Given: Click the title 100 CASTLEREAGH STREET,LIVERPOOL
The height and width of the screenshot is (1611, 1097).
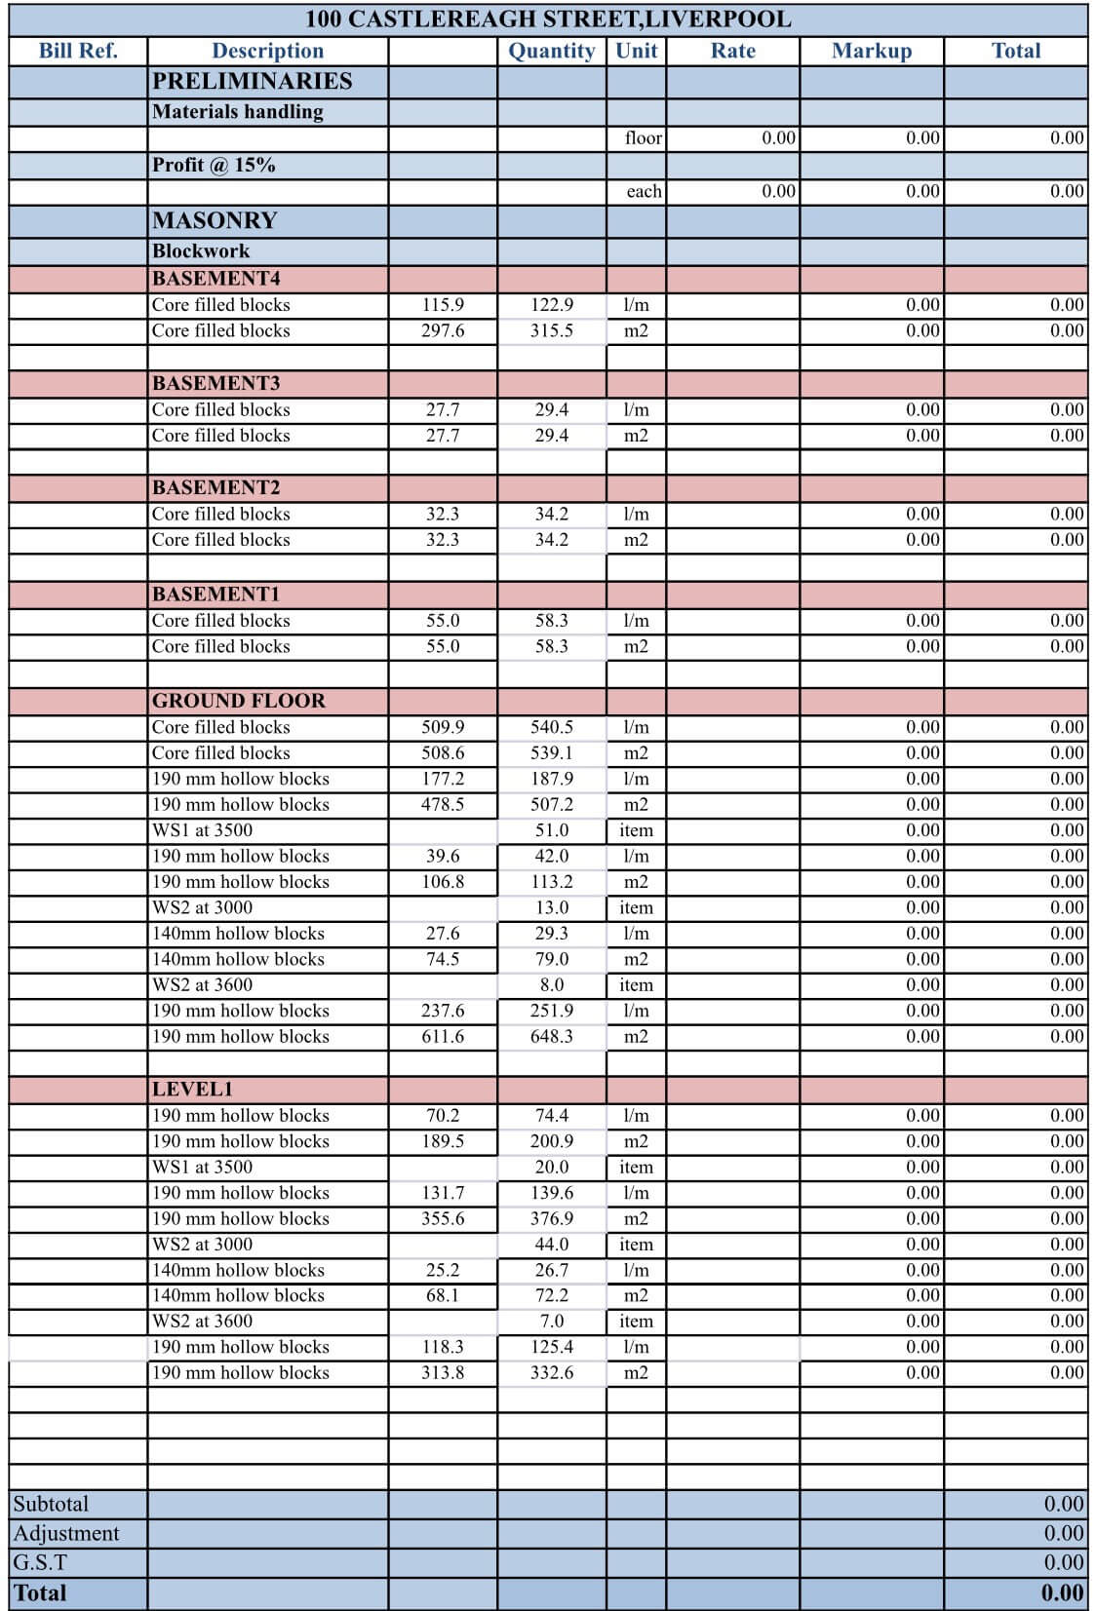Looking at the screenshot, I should coord(548,19).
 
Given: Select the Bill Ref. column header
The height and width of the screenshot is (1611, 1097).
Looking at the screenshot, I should coord(78,51).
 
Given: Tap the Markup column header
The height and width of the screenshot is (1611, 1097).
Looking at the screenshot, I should coord(871,51).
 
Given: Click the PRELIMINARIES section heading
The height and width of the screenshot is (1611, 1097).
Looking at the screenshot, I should coord(252,81).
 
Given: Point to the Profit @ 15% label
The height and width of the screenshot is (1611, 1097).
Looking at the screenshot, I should coord(214,165).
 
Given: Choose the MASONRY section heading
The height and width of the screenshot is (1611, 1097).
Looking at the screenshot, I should coord(215,220).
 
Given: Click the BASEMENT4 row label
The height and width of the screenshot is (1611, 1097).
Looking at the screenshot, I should coord(215,279).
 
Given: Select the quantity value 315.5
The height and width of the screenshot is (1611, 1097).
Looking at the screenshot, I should coord(551,331).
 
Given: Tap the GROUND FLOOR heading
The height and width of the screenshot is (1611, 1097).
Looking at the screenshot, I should coord(238,701).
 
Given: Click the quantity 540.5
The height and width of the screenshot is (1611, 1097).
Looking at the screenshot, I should coord(551,727).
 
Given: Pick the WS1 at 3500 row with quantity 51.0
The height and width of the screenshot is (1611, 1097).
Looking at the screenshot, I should coord(202,830).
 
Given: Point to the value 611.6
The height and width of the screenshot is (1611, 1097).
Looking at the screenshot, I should coord(443,1037).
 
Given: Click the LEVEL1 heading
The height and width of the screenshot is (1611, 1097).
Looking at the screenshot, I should coord(192,1090).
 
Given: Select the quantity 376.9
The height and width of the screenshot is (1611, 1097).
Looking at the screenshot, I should coord(551,1218).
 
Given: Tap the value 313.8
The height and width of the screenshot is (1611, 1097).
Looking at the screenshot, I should coord(443,1372).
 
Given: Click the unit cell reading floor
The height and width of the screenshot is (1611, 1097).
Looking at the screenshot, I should coord(643,138).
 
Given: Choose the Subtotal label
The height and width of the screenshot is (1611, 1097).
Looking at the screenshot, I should coord(51,1504).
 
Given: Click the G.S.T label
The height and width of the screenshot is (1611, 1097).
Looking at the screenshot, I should coord(40,1562).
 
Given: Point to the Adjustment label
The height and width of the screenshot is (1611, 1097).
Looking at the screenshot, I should coord(66,1533).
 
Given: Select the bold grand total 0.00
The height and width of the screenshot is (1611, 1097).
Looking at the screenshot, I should coord(1062,1593).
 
